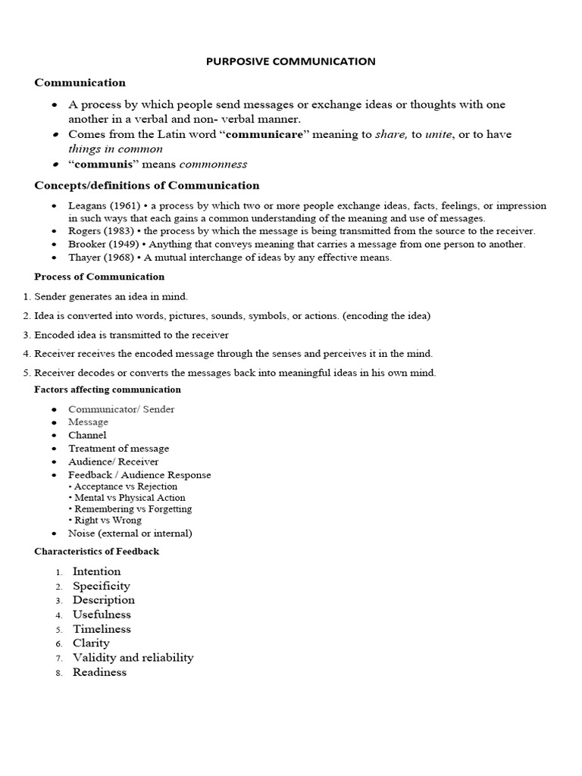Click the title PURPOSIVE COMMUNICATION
coord(291,61)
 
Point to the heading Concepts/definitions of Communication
coord(147,186)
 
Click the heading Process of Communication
coord(99,277)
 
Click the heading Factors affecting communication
coord(108,390)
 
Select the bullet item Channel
coord(87,435)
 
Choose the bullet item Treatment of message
coord(119,449)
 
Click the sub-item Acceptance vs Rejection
coord(124,487)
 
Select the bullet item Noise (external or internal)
coord(130,533)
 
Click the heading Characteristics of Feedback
coord(97,552)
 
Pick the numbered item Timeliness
coord(102,629)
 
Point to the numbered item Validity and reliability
coord(133,658)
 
